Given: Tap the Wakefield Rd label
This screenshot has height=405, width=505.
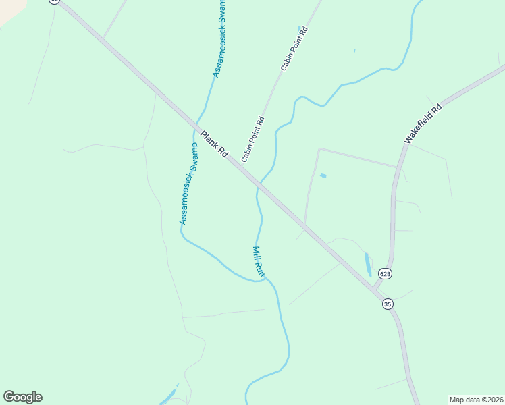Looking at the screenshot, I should (x=423, y=123).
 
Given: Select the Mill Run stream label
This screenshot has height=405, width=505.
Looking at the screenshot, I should (x=259, y=261).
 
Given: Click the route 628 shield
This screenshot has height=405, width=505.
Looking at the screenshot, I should (x=385, y=273).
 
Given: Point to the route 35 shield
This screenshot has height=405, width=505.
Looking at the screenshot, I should (x=388, y=304).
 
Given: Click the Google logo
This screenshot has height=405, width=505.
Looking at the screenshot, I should (x=22, y=397).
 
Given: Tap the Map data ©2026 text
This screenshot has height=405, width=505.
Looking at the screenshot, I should (x=476, y=400).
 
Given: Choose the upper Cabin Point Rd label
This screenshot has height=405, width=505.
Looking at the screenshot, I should (x=294, y=49).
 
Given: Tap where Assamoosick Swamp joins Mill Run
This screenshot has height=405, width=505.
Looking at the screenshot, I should (x=265, y=277).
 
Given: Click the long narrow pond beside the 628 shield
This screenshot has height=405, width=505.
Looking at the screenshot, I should (x=367, y=264).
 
